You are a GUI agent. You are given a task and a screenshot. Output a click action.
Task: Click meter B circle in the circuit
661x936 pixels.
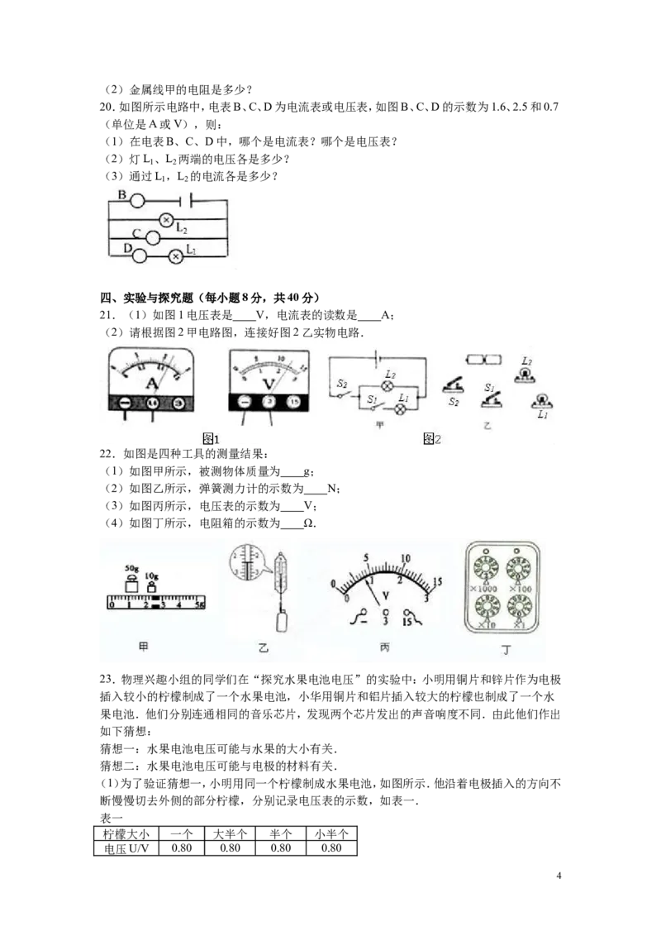[137, 201]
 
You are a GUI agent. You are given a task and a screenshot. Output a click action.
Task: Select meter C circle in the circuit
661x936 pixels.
[152, 238]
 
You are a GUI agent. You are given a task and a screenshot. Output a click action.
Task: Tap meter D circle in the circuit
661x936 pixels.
[140, 255]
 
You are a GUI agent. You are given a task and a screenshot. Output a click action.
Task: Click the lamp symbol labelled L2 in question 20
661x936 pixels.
[167, 220]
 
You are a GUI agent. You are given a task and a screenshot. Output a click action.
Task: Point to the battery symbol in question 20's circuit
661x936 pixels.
[185, 201]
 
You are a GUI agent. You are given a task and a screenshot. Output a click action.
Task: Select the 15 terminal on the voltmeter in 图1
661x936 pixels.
[293, 402]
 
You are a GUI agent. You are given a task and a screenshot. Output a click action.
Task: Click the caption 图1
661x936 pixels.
[212, 439]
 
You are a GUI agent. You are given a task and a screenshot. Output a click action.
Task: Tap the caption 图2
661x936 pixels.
[431, 439]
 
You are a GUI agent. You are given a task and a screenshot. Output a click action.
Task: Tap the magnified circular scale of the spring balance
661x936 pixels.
[246, 562]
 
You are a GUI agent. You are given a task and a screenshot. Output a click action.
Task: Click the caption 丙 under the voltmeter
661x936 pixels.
[385, 647]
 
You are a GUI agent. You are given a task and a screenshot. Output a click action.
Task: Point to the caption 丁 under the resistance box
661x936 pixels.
[506, 649]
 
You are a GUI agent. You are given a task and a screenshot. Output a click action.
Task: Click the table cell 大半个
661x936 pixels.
[230, 833]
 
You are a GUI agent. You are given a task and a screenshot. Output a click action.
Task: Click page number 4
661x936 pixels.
[559, 876]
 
